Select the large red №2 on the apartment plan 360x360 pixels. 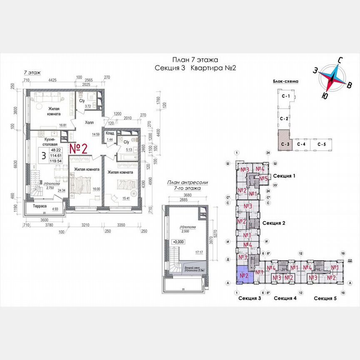[78, 149]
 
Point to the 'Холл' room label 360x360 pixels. [89, 123]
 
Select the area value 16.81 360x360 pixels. [63, 125]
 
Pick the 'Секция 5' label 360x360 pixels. [325, 298]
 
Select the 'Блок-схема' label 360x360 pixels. [285, 82]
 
